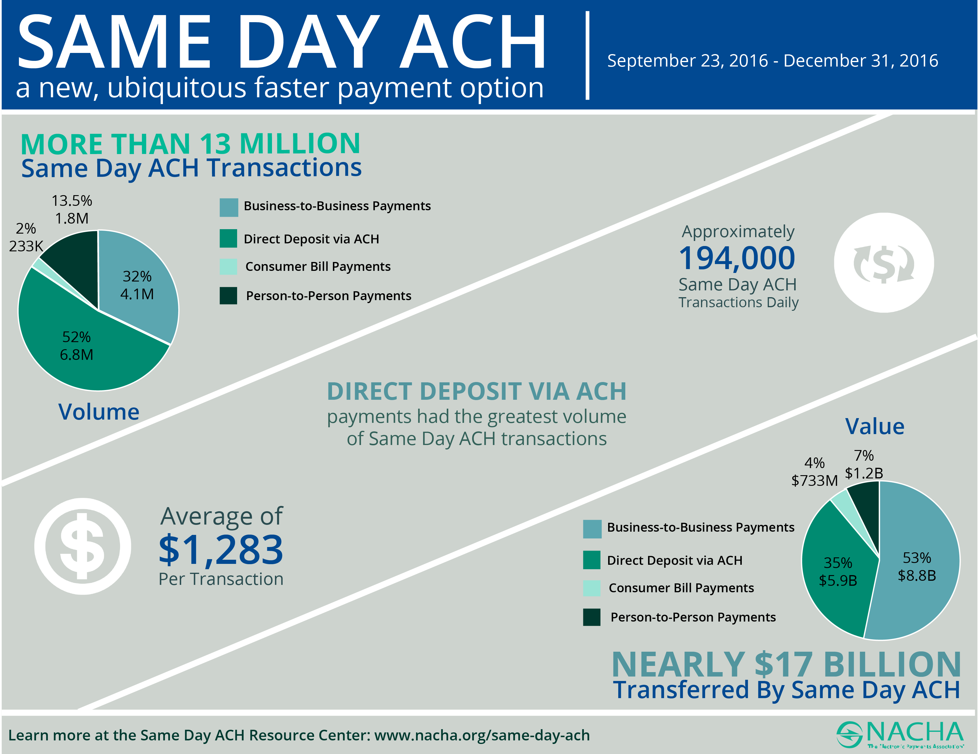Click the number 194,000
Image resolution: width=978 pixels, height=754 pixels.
coord(737,258)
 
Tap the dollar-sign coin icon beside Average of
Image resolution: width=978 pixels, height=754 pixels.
coord(83,546)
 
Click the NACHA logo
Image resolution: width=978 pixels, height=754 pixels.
coord(900,734)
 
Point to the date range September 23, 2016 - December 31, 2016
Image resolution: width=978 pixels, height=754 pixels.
coord(773,60)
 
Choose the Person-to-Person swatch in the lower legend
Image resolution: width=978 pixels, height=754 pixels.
coord(592,617)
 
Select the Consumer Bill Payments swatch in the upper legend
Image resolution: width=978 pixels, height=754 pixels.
coord(228,266)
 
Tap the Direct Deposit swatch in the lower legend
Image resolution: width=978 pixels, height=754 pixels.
coord(592,560)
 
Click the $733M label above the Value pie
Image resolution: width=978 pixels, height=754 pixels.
coord(814,480)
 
